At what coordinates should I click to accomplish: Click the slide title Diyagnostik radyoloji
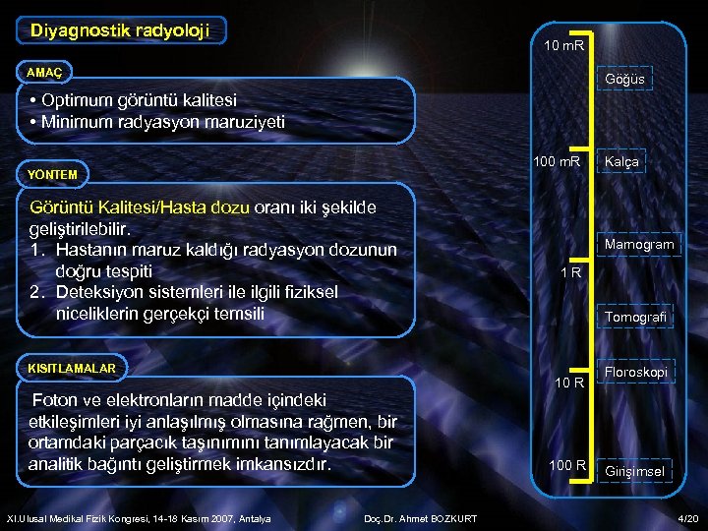120,30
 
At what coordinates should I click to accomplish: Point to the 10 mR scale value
563,46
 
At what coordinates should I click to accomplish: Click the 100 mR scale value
558,161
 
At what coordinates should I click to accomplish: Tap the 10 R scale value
568,382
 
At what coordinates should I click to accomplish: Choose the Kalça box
621,162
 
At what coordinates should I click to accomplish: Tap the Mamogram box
639,244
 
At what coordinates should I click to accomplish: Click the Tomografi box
635,317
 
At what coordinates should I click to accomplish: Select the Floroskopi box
635,373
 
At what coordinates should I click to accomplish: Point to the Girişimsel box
634,471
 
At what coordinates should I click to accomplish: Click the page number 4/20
687,517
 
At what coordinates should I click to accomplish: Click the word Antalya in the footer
252,518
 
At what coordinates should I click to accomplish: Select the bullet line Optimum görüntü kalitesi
133,100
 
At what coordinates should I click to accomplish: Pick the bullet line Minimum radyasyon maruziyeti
157,122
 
